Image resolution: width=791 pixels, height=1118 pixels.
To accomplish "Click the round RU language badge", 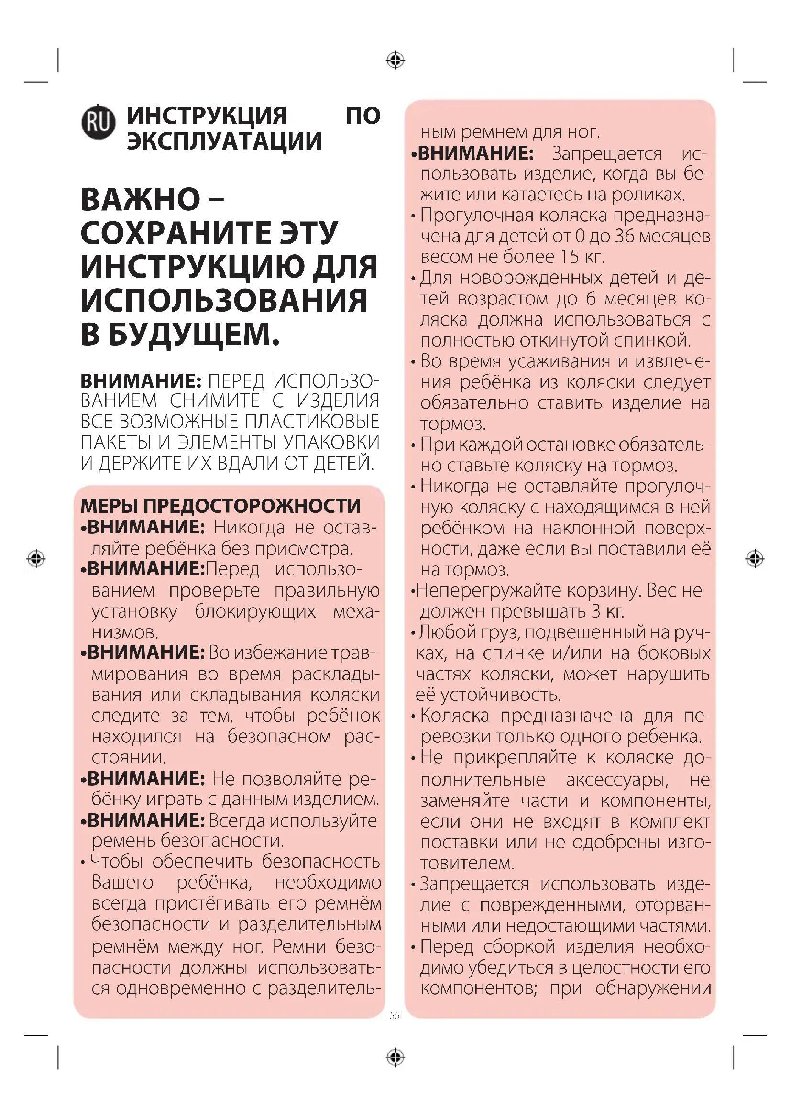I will (99, 122).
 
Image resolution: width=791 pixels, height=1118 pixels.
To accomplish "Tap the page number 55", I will (395, 1015).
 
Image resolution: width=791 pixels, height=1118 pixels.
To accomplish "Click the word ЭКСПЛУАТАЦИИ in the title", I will (224, 141).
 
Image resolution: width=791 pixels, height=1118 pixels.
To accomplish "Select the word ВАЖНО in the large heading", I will (141, 199).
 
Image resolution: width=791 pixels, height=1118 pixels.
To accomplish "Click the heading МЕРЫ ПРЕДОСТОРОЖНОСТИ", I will (220, 506).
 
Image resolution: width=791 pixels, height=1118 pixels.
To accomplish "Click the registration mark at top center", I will (395, 60).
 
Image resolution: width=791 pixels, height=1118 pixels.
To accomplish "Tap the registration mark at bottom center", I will (395, 1057).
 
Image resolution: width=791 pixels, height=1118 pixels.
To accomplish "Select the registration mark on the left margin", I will (36, 558).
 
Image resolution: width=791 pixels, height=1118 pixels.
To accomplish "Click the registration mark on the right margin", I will (755, 558).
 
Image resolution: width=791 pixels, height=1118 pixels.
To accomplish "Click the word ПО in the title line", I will (363, 116).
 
